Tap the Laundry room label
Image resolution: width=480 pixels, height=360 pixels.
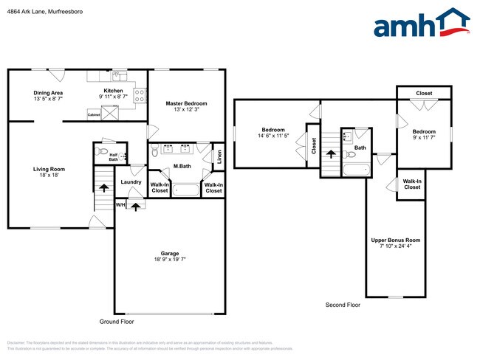[x=131, y=181]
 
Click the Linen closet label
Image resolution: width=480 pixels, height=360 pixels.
[x=219, y=156]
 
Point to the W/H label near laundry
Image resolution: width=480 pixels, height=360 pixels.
[x=120, y=204]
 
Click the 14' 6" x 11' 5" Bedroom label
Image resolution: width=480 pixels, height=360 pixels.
[x=272, y=132]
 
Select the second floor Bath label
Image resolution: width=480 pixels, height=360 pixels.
[x=360, y=148]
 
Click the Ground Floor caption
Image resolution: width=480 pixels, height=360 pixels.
[x=117, y=322]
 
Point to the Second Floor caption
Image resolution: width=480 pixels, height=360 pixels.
[x=343, y=305]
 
